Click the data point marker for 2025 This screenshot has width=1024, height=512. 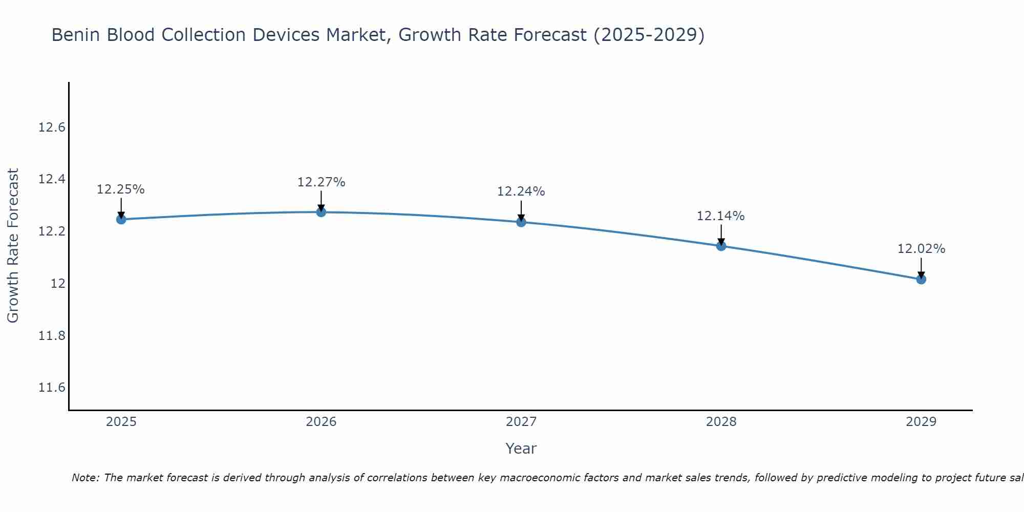pos(121,219)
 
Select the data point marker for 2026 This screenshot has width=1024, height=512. pos(321,212)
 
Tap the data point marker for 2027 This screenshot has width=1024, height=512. pos(521,222)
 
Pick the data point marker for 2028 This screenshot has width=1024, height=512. pos(721,246)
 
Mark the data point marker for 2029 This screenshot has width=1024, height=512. pos(921,279)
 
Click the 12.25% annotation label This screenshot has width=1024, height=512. pos(121,189)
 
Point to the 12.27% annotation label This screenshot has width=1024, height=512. pos(321,182)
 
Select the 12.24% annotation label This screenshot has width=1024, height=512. pos(521,191)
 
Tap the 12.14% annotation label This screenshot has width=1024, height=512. pos(720,216)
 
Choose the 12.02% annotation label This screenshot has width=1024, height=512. pos(921,249)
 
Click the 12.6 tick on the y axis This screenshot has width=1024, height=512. pos(52,127)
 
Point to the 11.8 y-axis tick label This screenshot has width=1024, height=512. pos(52,336)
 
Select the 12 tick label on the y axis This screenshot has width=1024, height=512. pos(58,284)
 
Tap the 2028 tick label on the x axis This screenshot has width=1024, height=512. pos(721,422)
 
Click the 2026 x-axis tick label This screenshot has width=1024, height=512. pos(321,422)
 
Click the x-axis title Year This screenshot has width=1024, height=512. pos(521,449)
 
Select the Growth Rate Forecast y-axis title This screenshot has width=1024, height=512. pos(13,246)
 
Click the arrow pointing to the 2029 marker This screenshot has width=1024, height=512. pos(921,267)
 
